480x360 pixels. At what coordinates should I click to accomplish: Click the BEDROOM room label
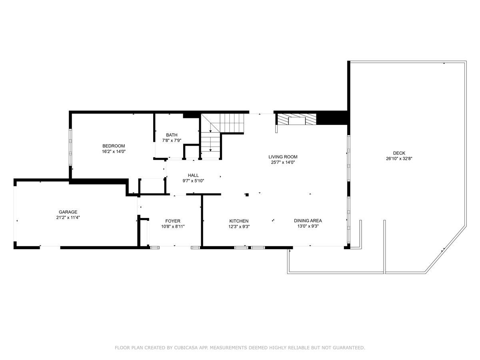(x=114, y=146)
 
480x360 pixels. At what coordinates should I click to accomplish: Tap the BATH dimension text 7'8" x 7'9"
(x=172, y=140)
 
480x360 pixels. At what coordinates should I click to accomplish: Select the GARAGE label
(x=68, y=212)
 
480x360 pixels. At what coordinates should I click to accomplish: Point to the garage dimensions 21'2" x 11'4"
(x=68, y=218)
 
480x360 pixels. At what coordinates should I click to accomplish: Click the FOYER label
(x=173, y=221)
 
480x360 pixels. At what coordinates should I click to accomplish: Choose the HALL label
(x=193, y=175)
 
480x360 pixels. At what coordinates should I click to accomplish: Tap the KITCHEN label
(x=239, y=221)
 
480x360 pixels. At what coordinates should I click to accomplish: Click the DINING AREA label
(x=308, y=220)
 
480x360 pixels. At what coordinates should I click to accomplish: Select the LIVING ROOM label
(x=283, y=157)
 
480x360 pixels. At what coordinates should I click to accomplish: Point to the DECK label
(x=399, y=153)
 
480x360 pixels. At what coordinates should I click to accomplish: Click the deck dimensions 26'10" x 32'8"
(x=399, y=159)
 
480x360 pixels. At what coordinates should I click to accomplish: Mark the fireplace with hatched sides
(x=297, y=119)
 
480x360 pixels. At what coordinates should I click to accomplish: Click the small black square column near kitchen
(x=247, y=195)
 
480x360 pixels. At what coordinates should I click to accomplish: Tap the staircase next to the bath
(x=222, y=136)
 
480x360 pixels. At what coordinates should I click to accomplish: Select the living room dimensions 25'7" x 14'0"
(x=283, y=162)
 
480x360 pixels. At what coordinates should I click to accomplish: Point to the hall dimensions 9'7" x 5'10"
(x=193, y=181)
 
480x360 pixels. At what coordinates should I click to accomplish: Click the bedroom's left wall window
(x=70, y=147)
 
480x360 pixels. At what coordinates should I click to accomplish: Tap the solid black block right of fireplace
(x=332, y=118)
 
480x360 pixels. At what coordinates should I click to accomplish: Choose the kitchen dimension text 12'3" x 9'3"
(x=239, y=227)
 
